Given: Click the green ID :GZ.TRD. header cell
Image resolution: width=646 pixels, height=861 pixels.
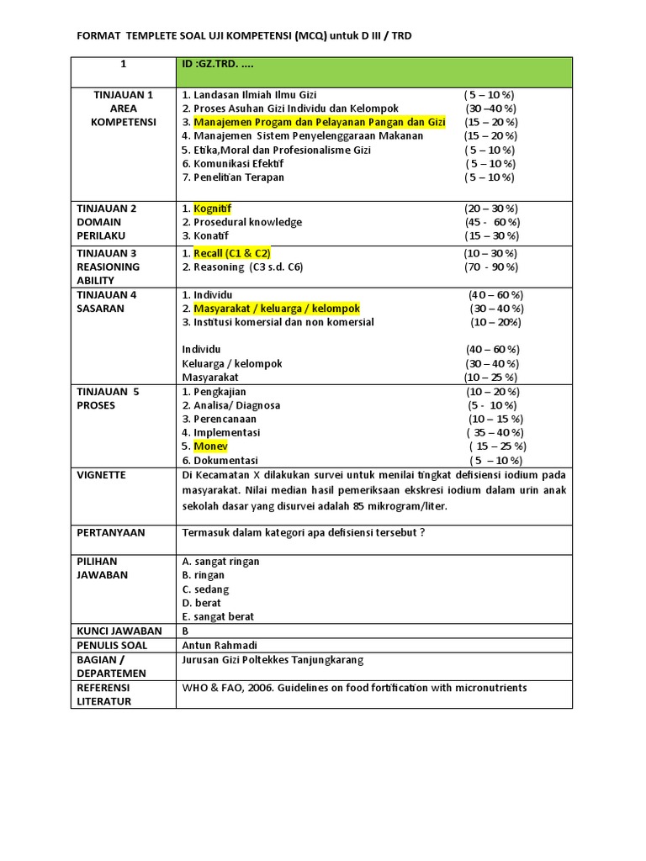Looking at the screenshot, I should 373,71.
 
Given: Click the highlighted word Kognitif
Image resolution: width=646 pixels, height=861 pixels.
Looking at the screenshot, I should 212,209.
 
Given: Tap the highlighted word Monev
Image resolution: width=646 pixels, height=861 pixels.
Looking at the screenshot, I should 210,446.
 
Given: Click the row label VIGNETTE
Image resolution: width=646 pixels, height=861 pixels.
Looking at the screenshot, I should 101,475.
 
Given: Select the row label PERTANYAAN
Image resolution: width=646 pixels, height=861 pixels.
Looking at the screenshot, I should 111,532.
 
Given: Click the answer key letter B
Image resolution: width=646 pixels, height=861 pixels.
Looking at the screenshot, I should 186,631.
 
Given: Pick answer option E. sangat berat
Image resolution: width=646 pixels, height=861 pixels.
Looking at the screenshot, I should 218,616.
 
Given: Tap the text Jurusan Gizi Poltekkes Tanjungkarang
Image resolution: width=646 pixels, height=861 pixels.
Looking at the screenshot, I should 273,659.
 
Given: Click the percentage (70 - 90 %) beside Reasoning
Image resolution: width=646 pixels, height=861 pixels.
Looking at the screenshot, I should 491,267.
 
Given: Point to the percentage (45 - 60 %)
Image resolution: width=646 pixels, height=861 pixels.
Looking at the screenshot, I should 491,222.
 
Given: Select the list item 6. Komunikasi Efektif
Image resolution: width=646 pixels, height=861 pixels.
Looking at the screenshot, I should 232,163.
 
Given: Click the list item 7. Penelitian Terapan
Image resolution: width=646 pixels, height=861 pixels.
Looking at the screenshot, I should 233,177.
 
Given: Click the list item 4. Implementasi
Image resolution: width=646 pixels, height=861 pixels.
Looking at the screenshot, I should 221,432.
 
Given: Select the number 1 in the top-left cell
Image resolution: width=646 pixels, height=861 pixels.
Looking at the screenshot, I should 123,64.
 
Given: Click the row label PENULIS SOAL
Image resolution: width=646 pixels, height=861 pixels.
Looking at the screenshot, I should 112,645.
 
